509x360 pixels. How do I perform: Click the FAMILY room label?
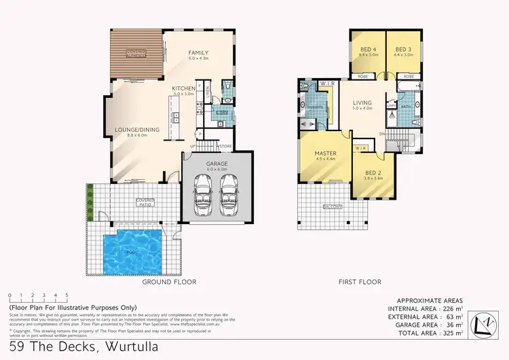pyautogui.click(x=198, y=53)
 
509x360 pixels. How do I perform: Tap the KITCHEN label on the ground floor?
pyautogui.click(x=183, y=89)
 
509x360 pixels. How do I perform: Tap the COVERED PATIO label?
pyautogui.click(x=145, y=201)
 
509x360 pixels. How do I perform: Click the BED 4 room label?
pyautogui.click(x=366, y=50)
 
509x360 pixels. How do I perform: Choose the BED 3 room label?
pyautogui.click(x=403, y=50)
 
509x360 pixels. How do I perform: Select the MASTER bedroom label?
pyautogui.click(x=325, y=154)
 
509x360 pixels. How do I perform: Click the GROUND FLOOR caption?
pyautogui.click(x=169, y=281)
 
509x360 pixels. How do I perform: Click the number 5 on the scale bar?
pyautogui.click(x=67, y=295)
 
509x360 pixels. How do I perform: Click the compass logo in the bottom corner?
pyautogui.click(x=486, y=319)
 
